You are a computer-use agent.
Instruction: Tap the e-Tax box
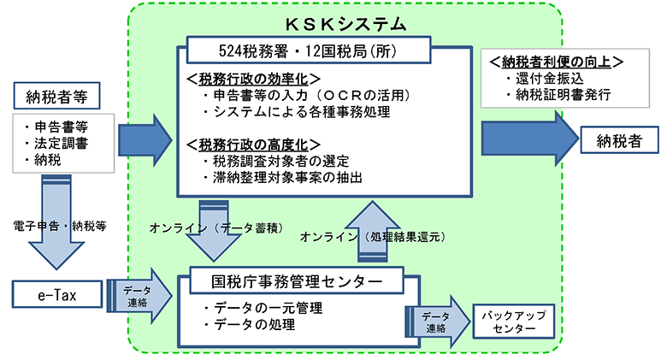(x=57, y=293)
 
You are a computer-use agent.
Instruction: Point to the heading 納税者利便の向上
(x=554, y=62)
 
